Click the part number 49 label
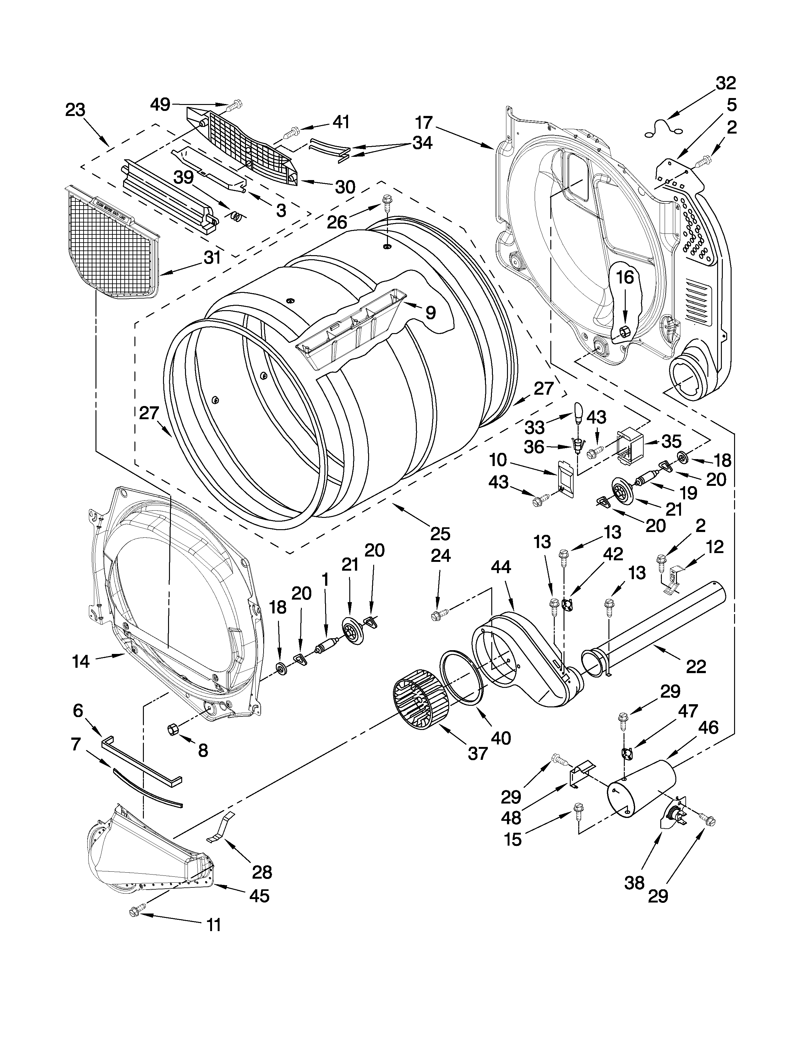coord(160,104)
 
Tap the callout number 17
coord(424,123)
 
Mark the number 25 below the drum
coord(440,534)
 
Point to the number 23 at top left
coord(75,110)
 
